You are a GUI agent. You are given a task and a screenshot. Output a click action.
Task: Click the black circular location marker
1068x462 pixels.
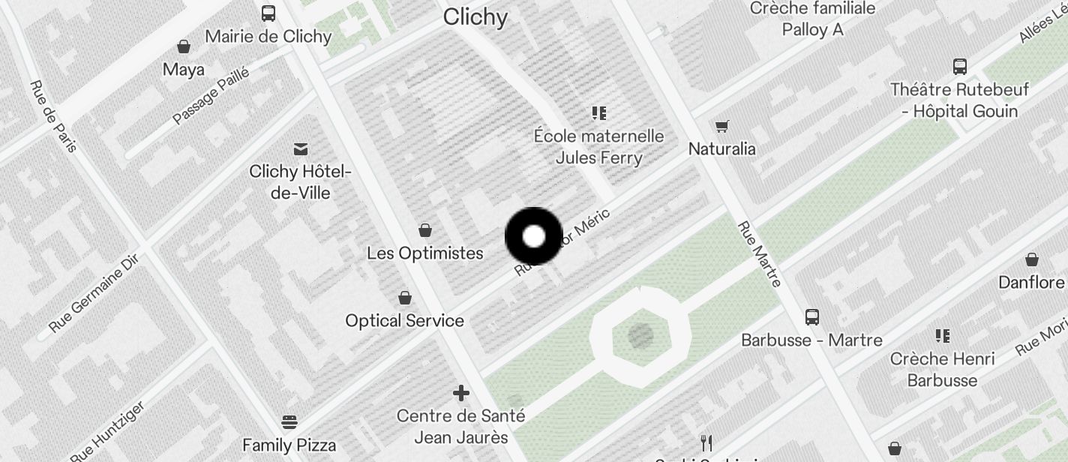click(x=533, y=237)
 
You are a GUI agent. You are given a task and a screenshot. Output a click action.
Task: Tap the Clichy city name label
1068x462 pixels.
click(x=475, y=17)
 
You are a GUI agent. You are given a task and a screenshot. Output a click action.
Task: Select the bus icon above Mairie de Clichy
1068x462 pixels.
click(x=268, y=13)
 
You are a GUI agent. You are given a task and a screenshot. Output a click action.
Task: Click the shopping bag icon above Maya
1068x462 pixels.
click(x=184, y=47)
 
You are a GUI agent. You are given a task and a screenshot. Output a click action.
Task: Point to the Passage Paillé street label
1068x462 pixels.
click(x=211, y=96)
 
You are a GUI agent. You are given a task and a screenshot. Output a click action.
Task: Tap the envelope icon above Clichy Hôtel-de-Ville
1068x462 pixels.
click(x=301, y=149)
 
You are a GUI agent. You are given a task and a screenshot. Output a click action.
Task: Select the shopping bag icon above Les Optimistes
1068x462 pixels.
click(x=425, y=230)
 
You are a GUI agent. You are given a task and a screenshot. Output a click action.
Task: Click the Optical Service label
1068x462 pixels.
click(x=404, y=321)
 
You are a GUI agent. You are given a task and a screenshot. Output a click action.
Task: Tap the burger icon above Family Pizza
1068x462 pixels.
click(x=289, y=421)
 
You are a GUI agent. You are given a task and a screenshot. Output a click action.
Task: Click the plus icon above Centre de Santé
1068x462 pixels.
click(x=461, y=393)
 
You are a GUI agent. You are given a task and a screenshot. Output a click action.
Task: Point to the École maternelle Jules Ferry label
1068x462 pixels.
click(x=598, y=147)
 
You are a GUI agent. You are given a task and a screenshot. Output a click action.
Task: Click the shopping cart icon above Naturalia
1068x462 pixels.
click(x=721, y=126)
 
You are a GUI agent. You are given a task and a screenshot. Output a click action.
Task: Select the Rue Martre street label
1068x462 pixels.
click(x=759, y=253)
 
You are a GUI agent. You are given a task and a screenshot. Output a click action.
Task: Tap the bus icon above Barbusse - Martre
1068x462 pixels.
click(x=811, y=317)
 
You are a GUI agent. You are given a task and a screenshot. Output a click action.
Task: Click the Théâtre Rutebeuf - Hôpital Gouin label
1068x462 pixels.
click(x=959, y=100)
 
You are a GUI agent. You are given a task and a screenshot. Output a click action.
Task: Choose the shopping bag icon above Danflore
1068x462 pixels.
click(x=1032, y=260)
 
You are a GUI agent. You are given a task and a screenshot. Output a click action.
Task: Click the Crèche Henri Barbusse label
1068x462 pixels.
click(x=942, y=370)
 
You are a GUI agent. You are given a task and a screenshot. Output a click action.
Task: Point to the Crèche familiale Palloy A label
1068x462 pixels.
click(x=812, y=19)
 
